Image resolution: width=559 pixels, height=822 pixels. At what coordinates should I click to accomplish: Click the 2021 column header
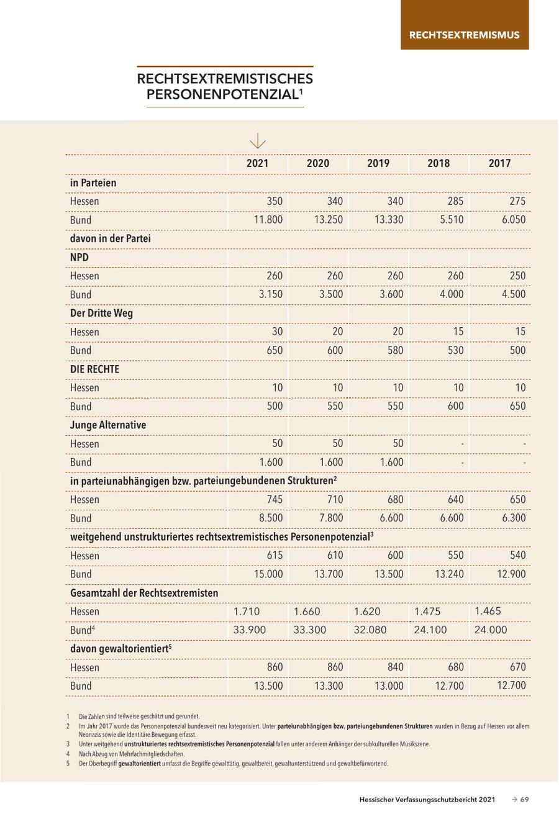(x=257, y=163)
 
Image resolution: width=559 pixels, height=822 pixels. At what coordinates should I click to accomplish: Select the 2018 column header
(x=439, y=163)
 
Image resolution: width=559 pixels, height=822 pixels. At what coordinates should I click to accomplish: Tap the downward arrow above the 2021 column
(x=257, y=142)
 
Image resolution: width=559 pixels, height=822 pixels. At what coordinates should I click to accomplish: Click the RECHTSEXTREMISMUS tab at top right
(x=464, y=35)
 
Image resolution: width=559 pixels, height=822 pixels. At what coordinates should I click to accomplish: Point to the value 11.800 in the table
(x=268, y=220)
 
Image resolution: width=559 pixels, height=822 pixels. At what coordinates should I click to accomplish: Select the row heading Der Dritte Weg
(x=101, y=313)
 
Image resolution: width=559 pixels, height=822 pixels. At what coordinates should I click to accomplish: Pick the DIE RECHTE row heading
(x=94, y=369)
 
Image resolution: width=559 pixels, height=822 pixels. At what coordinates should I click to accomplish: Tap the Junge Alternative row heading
(x=108, y=425)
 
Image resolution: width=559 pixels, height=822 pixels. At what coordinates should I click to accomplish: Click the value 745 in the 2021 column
(x=274, y=499)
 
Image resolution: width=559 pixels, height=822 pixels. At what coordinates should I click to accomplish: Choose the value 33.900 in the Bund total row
(x=249, y=630)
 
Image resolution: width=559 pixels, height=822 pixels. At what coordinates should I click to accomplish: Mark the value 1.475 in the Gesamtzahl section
(x=427, y=611)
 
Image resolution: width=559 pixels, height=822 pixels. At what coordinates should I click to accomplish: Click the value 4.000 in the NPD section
(x=451, y=294)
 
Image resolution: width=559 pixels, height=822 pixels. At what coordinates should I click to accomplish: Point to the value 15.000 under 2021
(x=268, y=574)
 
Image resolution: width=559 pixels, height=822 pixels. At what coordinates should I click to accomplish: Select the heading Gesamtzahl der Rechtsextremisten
(x=144, y=593)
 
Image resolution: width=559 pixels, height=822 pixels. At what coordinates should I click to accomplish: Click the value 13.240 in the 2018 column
(x=449, y=574)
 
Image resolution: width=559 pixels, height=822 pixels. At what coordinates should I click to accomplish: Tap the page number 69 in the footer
(x=524, y=800)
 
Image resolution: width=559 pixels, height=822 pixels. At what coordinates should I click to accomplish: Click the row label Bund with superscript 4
(x=83, y=630)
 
